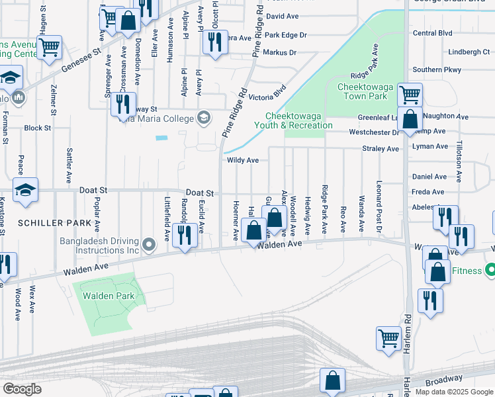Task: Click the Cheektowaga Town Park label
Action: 362,91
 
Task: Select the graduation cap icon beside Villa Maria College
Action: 204,118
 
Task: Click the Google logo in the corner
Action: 22,388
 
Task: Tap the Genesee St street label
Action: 80,58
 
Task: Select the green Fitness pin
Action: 490,271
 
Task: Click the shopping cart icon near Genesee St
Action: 49,47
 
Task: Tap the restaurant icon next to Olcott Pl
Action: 215,42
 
